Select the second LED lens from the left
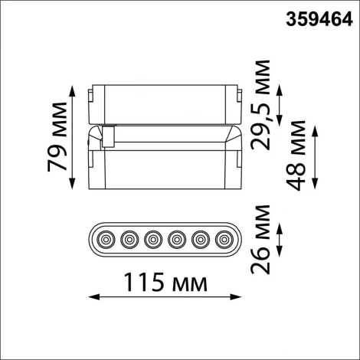click(x=129, y=240)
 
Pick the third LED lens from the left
click(x=153, y=240)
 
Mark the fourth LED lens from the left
click(x=177, y=240)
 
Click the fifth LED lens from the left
click(x=201, y=240)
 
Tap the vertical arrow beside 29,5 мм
click(x=280, y=106)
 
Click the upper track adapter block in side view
click(x=165, y=100)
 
